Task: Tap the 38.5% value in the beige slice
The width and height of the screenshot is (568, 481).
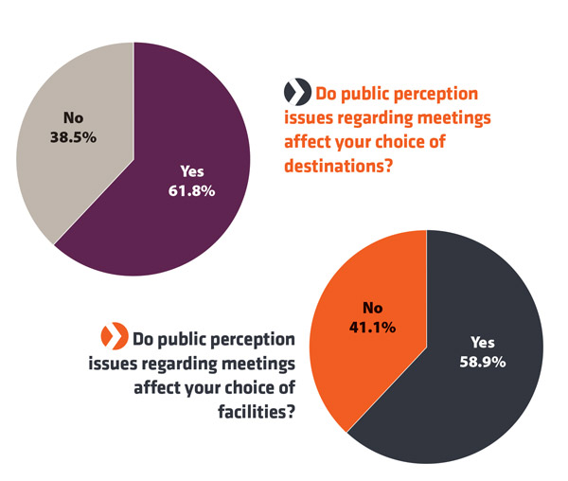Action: click(73, 135)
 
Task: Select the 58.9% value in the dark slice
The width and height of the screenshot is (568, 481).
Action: click(485, 361)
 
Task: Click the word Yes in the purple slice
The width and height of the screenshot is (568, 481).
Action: click(192, 172)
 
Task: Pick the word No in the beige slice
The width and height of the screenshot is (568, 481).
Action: click(73, 117)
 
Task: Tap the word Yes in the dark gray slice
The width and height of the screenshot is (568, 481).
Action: click(484, 342)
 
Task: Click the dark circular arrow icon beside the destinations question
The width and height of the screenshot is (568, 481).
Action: click(297, 93)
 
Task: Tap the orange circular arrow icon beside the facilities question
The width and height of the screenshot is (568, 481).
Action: click(114, 336)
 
